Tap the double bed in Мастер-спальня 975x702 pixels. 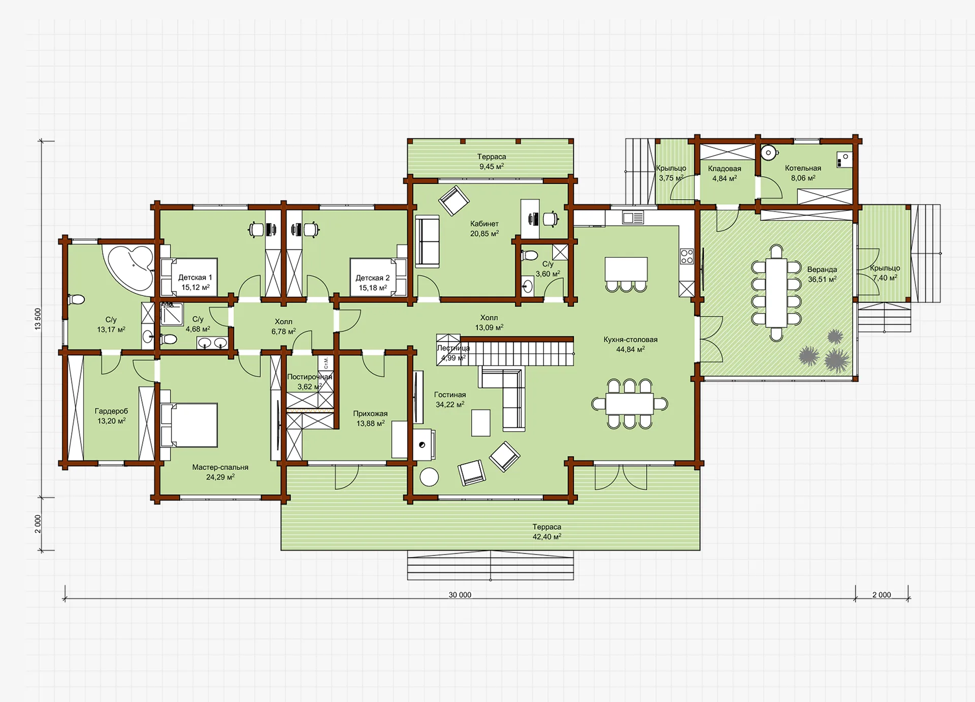189,425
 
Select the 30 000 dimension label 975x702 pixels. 460,595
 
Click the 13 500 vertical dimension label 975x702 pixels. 38,319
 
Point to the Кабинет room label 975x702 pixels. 484,224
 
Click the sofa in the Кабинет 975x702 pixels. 428,241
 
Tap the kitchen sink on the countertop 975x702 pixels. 633,218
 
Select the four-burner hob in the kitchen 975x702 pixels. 687,256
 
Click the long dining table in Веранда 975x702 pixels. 776,293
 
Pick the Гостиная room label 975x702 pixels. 449,394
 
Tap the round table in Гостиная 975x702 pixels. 429,477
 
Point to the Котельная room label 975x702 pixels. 803,168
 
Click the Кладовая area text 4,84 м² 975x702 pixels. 724,178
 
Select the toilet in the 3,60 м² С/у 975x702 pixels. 529,255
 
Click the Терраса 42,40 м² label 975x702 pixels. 546,532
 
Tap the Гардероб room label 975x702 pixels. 111,411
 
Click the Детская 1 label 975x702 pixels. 195,278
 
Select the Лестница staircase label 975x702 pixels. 453,348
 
